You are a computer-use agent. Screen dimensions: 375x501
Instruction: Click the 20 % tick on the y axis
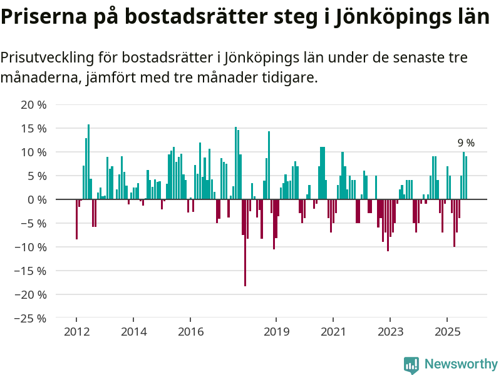click(34, 105)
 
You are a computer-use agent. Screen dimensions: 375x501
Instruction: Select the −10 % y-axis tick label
click(31, 247)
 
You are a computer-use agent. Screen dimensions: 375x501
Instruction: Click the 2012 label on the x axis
click(76, 332)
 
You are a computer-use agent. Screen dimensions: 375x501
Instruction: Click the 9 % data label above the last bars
click(466, 143)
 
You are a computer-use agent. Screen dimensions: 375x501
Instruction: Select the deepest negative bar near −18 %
click(245, 242)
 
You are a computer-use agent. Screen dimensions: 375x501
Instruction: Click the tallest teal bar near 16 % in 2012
click(88, 161)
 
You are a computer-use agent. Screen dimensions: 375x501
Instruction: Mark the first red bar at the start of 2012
click(76, 219)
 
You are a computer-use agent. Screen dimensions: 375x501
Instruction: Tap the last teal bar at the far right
click(466, 177)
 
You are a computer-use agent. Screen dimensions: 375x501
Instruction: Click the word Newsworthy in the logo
click(461, 364)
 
